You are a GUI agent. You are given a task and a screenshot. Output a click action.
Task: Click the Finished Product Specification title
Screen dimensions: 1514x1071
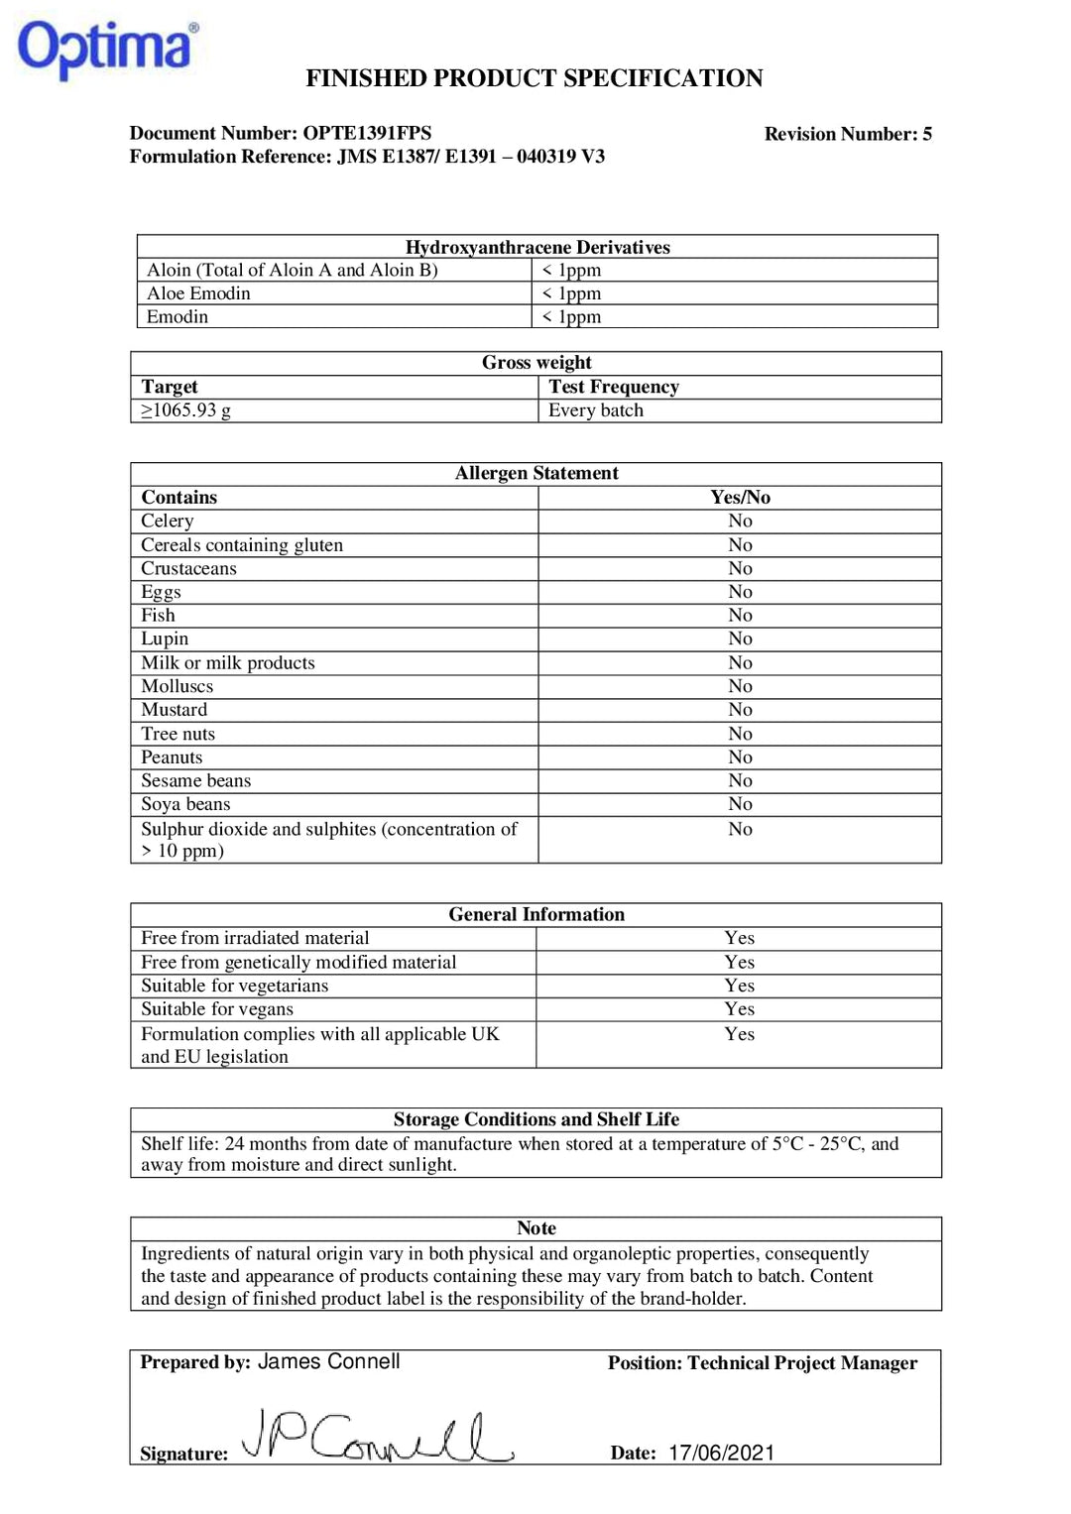pos(534,78)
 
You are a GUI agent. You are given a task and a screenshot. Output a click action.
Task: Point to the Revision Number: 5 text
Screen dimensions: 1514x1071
pos(847,134)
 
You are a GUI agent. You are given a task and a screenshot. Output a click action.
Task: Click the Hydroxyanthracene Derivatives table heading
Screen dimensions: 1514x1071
pos(536,247)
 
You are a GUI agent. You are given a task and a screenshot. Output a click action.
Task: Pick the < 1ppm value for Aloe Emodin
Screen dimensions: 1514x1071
pos(571,293)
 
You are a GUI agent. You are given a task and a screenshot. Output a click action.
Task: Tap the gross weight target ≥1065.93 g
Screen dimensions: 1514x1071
pos(186,410)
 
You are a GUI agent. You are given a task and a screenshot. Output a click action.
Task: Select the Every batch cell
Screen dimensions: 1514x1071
pos(595,410)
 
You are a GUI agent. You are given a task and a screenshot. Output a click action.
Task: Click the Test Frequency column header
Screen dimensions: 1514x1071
pos(613,387)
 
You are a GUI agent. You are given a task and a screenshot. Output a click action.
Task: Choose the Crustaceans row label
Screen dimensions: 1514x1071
pos(188,568)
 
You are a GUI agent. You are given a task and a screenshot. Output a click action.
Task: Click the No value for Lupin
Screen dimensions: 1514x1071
pos(740,639)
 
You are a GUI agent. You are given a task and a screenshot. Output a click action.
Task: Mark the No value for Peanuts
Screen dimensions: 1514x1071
pos(740,757)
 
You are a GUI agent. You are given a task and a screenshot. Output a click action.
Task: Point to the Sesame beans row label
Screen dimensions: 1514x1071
pos(195,781)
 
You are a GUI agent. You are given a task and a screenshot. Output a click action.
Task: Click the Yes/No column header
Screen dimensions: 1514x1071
pos(740,498)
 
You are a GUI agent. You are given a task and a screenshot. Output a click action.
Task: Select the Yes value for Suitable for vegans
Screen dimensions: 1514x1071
pos(739,1009)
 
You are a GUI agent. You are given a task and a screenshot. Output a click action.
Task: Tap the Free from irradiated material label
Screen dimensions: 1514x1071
pos(255,938)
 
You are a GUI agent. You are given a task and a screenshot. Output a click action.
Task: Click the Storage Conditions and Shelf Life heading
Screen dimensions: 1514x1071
pos(535,1119)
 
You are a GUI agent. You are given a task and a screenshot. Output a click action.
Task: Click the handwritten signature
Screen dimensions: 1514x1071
pos(377,1438)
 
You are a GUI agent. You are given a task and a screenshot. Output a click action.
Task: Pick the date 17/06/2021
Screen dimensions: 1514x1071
pos(721,1453)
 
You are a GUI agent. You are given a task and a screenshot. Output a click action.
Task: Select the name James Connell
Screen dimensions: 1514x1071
pos(328,1361)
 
